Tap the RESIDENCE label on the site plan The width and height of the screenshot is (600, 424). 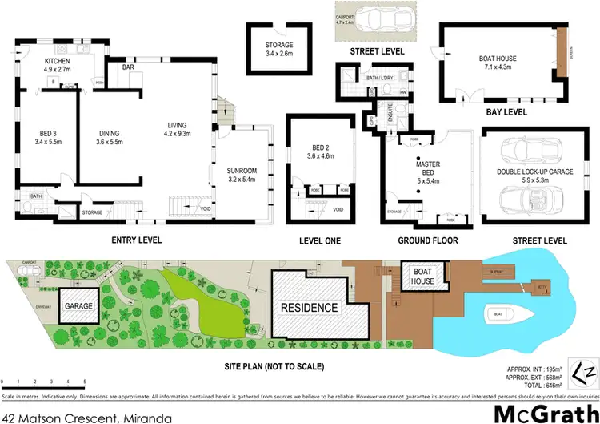tap(308, 308)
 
